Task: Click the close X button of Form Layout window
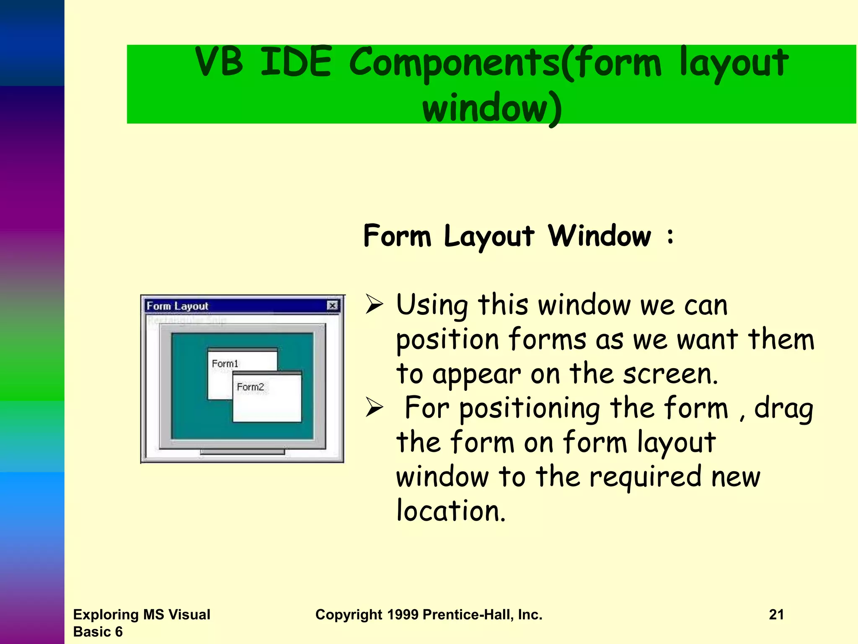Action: coord(332,306)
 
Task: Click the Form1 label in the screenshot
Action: coord(225,364)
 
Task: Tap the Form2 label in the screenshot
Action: coord(250,387)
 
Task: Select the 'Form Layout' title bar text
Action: coord(177,306)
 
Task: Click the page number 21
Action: coord(776,615)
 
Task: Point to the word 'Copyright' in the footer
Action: coord(349,615)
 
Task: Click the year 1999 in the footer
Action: coord(402,615)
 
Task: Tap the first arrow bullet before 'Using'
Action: coord(374,304)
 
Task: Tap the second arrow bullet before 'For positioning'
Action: coord(374,408)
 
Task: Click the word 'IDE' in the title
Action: coord(296,63)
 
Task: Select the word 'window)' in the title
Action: coord(492,108)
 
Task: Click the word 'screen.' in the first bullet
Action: coord(670,374)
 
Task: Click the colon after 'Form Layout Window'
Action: coord(670,236)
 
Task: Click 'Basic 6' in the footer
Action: coord(98,632)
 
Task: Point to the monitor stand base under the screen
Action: coord(242,452)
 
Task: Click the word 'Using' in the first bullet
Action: coord(432,305)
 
